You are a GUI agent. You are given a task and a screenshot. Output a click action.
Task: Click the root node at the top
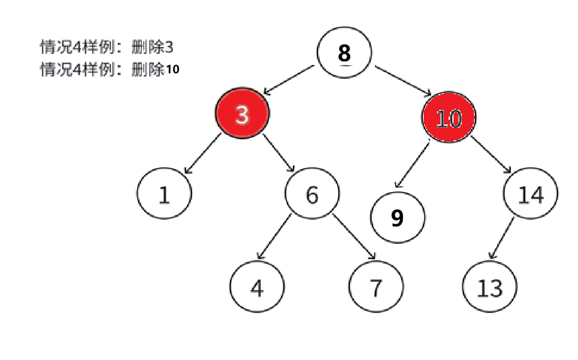[x=344, y=52]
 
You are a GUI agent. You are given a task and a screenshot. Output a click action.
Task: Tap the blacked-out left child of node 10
[x=397, y=218]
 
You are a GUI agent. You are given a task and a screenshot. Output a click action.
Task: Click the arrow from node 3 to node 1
[x=202, y=153]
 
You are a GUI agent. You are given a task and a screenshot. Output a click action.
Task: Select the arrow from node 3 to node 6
[x=279, y=153]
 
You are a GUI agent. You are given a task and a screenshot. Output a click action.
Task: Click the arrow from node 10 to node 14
[x=491, y=154]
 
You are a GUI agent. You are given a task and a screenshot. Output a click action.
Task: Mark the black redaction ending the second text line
[x=171, y=71]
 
